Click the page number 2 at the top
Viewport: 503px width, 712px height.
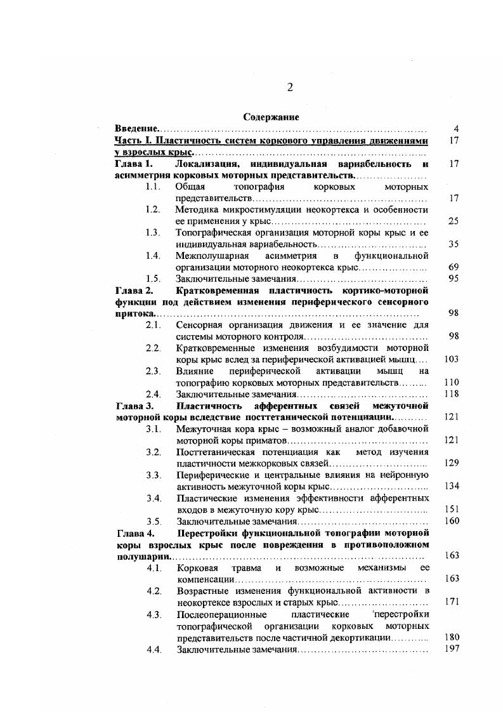click(x=290, y=88)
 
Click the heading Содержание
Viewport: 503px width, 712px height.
click(x=271, y=117)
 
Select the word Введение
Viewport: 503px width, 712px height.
click(x=136, y=129)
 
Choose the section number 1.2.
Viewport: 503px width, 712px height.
click(x=152, y=209)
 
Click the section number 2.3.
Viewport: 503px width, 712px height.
click(x=152, y=371)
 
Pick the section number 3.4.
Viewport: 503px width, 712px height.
click(x=152, y=498)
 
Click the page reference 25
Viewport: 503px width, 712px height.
click(x=453, y=221)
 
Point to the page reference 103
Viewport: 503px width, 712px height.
click(x=452, y=359)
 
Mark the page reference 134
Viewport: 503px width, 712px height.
click(x=452, y=486)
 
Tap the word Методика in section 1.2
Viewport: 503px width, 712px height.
click(x=199, y=209)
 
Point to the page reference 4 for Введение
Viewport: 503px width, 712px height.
click(x=456, y=129)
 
